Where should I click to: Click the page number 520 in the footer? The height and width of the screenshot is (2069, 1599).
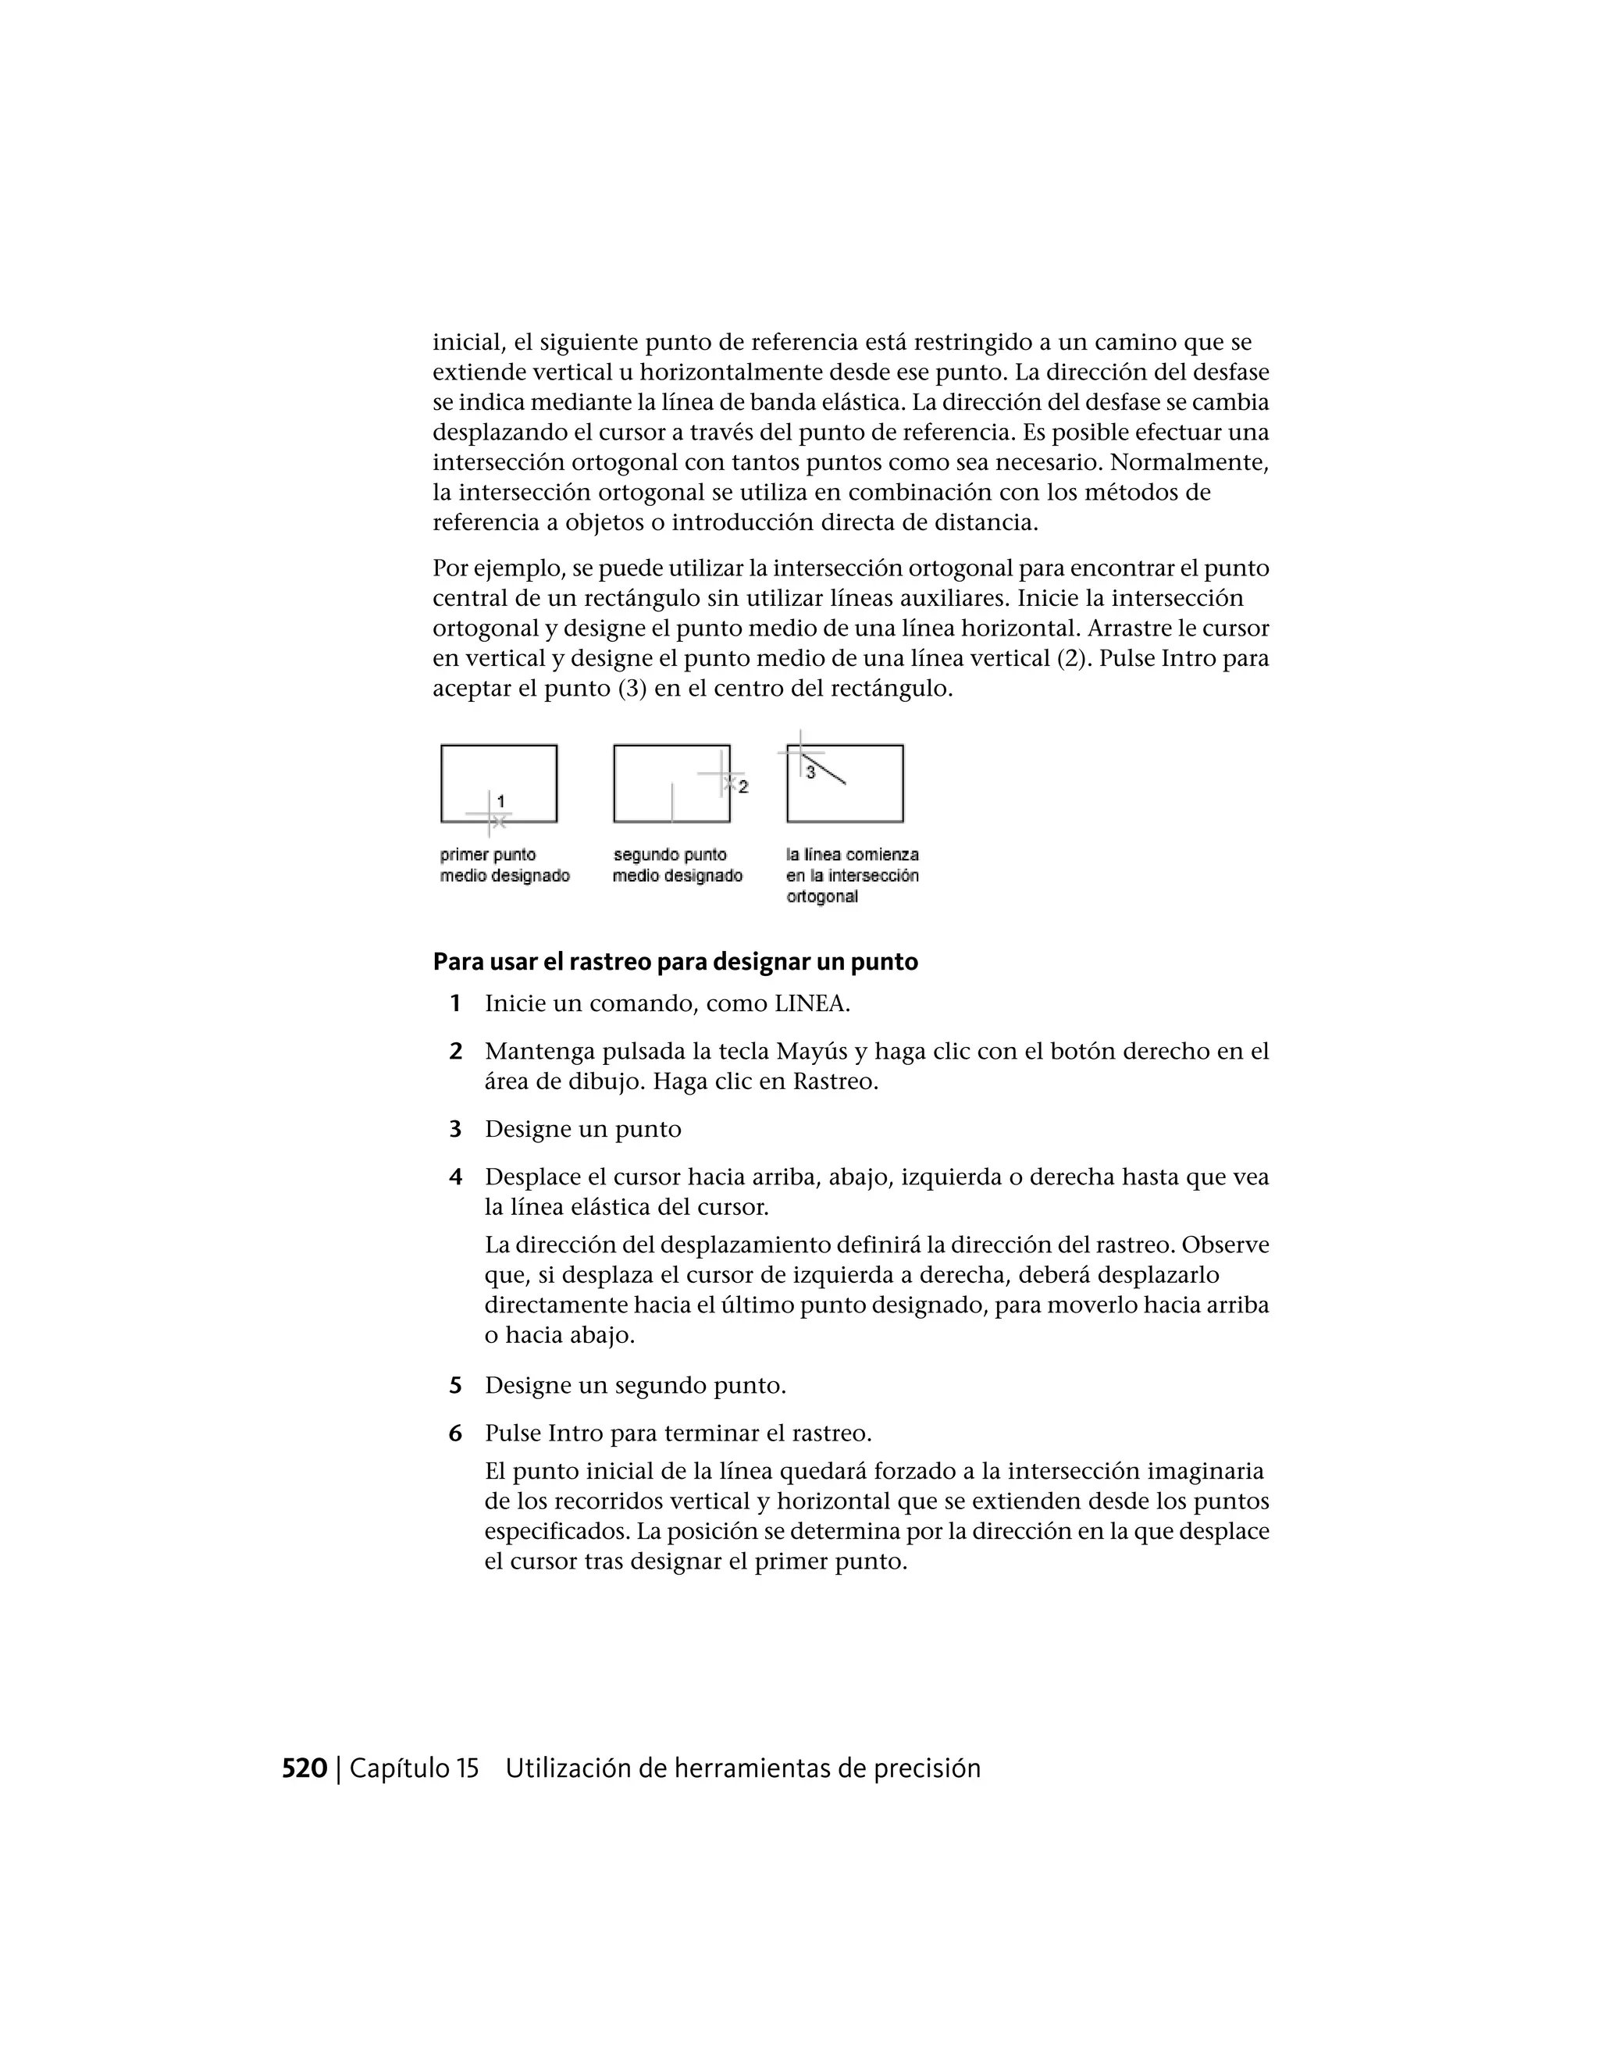point(304,1768)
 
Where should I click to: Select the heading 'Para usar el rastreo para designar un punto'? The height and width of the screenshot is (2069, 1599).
point(675,962)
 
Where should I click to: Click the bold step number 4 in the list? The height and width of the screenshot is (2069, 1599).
point(456,1177)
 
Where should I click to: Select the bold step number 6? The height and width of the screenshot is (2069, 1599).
point(456,1433)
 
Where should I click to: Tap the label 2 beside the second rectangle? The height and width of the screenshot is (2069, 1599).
point(743,786)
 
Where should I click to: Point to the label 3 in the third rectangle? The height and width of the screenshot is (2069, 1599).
point(810,773)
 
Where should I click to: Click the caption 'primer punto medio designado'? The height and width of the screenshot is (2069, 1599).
point(504,865)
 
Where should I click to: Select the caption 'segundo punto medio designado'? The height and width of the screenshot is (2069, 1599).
point(676,865)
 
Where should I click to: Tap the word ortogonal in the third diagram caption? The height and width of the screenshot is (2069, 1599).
point(822,897)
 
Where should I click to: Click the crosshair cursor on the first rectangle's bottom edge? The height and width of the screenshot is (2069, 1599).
point(489,814)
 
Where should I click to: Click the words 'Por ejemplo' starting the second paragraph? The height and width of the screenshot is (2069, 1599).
point(498,568)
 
